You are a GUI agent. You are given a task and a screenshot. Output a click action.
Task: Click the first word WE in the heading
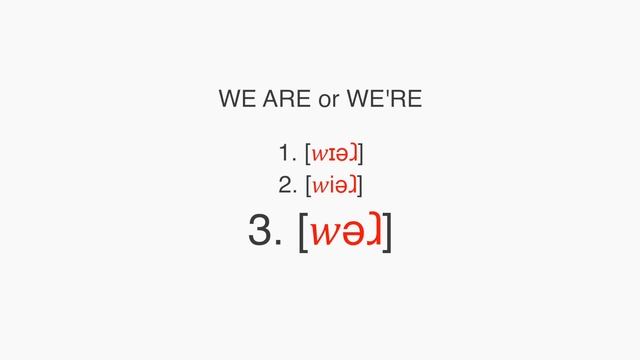[x=237, y=101]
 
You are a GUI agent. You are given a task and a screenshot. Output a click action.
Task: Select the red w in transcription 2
[x=321, y=186]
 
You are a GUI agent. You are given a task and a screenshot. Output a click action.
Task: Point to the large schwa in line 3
[x=352, y=233]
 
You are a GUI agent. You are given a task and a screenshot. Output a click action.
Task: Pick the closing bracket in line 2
[x=360, y=186]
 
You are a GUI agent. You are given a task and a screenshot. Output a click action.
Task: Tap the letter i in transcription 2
[x=333, y=185]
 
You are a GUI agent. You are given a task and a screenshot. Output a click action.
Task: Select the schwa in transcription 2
[x=343, y=186]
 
